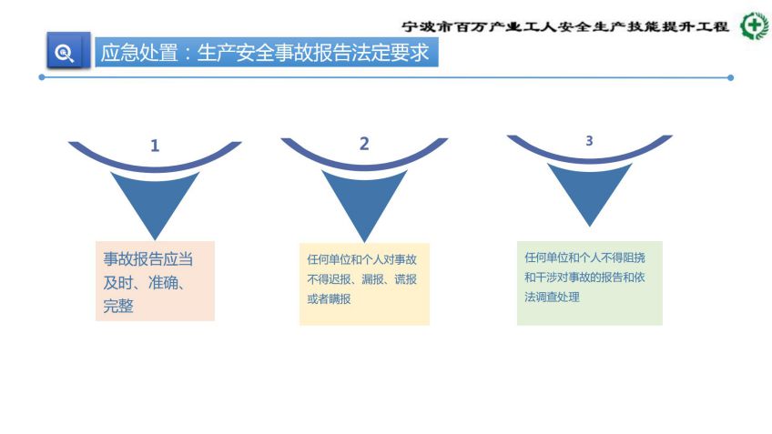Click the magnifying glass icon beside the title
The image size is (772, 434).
coord(64,52)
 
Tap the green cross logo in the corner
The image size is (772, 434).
coord(756,26)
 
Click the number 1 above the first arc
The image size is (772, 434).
coord(155,146)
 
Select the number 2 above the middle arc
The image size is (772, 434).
coord(364,144)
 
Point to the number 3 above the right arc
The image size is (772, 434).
coord(589,141)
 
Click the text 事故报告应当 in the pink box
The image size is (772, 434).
coord(147,258)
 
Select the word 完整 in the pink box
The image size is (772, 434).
coord(118,306)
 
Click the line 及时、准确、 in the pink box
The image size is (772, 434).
coord(144,282)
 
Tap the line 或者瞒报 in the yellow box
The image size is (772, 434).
coord(329,298)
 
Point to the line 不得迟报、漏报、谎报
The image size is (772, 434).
coord(362,279)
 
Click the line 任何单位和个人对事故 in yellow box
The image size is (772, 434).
coord(362,259)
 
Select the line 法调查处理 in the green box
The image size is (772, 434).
coord(552,297)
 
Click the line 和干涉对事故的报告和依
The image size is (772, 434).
coord(584,277)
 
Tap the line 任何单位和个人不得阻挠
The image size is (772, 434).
coord(584,257)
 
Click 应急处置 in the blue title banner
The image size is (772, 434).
coord(139,53)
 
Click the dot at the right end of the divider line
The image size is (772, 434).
coord(730,77)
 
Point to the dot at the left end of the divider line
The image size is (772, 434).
coord(42,77)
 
